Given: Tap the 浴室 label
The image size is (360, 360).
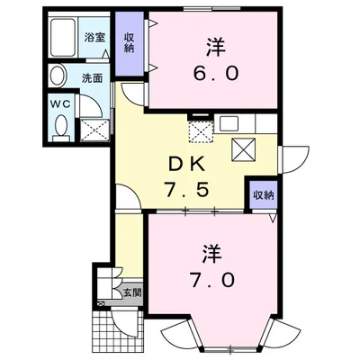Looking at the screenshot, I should [x=94, y=39].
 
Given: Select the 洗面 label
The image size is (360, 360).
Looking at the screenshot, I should [x=93, y=77].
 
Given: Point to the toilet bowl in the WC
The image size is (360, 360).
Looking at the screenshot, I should [x=60, y=129].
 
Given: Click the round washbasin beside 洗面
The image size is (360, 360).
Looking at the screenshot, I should [x=59, y=76].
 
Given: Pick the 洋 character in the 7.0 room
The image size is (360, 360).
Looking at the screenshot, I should [x=211, y=249].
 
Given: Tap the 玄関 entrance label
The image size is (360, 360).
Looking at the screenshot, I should [x=131, y=292].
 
